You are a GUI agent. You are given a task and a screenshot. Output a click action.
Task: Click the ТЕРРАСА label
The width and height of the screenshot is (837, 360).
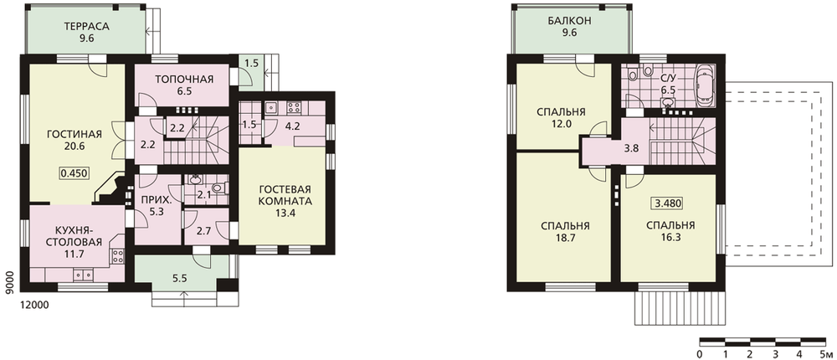86,26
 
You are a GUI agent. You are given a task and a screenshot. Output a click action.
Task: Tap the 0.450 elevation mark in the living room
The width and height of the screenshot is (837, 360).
74,172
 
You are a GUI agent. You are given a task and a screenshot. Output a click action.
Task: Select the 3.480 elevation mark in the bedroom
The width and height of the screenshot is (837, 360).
668,203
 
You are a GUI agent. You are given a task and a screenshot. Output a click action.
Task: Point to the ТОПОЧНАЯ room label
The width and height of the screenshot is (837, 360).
184,80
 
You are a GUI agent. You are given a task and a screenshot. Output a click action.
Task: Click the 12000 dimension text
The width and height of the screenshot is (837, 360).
34,305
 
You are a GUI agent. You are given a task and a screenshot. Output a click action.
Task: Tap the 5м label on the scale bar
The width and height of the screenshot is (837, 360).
825,355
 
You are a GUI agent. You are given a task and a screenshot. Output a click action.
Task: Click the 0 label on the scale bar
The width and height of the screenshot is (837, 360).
699,355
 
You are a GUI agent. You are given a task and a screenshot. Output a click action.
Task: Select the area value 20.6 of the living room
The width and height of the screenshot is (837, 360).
74,146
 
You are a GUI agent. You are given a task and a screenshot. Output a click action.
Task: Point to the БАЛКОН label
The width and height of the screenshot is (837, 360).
569,22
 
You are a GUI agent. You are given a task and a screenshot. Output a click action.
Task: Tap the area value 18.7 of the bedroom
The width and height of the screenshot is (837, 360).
565,239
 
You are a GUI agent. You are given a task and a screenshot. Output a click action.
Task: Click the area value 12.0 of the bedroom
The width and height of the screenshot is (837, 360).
562,123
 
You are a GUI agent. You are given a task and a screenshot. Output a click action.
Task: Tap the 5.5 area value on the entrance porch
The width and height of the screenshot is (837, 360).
179,278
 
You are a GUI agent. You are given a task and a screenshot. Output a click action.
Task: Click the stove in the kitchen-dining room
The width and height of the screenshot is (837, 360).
117,255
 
